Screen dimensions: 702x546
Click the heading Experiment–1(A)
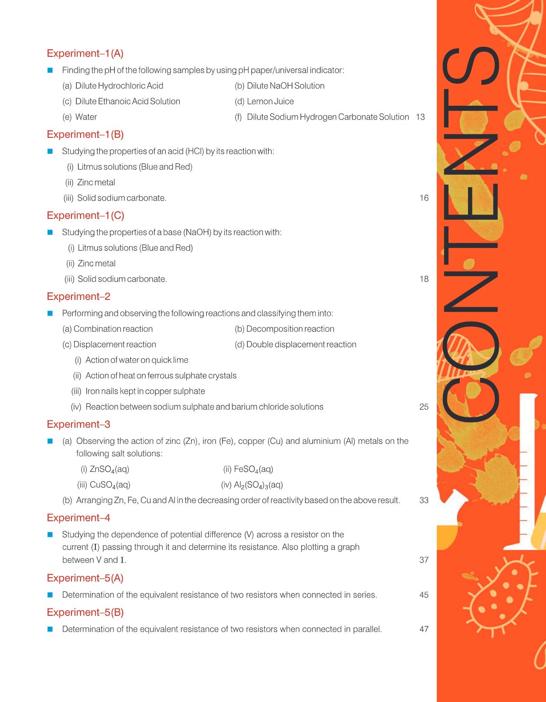tap(85, 53)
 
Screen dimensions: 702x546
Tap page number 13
tap(420, 117)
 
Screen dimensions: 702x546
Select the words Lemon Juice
tap(270, 101)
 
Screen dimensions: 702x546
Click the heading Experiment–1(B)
tap(85, 134)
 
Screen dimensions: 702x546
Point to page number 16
tap(424, 198)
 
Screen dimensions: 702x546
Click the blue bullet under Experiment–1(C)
tap(50, 232)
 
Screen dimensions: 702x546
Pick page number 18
tap(424, 279)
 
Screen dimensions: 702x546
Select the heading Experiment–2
tap(78, 296)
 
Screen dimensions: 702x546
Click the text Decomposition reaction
tap(290, 329)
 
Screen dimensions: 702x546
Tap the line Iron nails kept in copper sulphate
tap(145, 391)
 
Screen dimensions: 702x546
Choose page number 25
tap(424, 407)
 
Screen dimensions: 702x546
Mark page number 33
tap(424, 500)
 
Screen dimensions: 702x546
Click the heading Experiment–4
tap(78, 518)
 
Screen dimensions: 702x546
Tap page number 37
tap(424, 560)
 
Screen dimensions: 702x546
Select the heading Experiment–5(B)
tap(85, 612)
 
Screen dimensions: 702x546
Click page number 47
tap(424, 629)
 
